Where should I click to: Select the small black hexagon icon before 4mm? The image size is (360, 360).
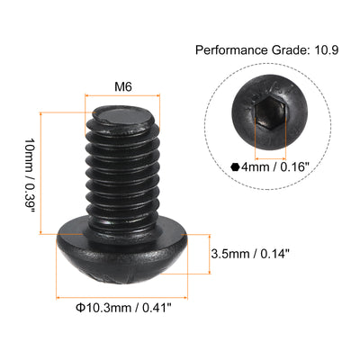(236, 166)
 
